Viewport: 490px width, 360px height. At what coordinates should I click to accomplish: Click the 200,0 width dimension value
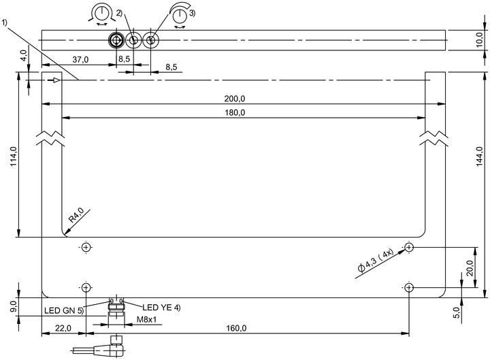coord(234,99)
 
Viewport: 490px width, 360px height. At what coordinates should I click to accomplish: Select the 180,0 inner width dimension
coord(235,112)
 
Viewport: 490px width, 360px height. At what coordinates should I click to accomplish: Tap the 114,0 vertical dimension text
coord(14,156)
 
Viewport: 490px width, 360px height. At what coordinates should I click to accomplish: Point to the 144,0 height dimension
coord(480,156)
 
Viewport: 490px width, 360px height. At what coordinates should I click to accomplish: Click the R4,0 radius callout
coord(76,215)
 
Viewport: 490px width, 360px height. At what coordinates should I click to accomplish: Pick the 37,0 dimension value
coord(80,59)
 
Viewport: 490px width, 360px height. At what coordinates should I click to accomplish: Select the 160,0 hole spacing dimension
coord(236,328)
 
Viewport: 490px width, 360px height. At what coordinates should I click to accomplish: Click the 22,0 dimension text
coord(63,328)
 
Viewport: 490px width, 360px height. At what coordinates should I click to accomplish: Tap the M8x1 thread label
coord(146,319)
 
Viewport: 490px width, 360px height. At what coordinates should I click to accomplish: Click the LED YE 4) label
coord(161,308)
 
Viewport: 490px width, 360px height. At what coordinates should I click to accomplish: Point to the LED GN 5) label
coord(64,310)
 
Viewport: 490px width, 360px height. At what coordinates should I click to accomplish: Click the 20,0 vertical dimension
coord(470,267)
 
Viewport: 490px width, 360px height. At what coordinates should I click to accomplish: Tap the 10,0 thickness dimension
coord(480,39)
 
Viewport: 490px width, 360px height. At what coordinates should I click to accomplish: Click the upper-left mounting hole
coord(86,248)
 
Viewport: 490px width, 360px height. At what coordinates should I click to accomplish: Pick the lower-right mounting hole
coord(409,287)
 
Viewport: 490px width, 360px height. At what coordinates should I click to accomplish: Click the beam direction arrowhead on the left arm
coord(56,80)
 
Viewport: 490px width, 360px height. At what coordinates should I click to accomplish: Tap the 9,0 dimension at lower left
coord(14,306)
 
